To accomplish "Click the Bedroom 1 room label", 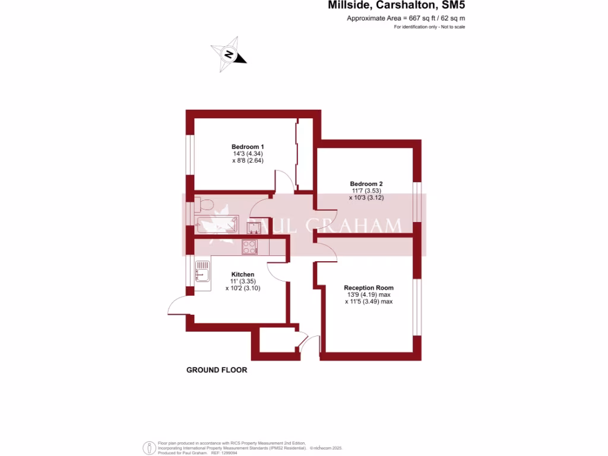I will (248, 147).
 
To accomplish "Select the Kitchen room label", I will (243, 274).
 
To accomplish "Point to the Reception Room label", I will (369, 288).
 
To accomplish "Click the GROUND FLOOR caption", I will (217, 370).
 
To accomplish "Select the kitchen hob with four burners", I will (249, 246).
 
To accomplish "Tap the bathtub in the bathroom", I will (217, 224).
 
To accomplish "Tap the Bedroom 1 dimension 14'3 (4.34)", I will (248, 154).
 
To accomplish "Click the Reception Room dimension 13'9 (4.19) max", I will (369, 295).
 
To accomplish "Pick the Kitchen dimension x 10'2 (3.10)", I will (243, 288).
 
